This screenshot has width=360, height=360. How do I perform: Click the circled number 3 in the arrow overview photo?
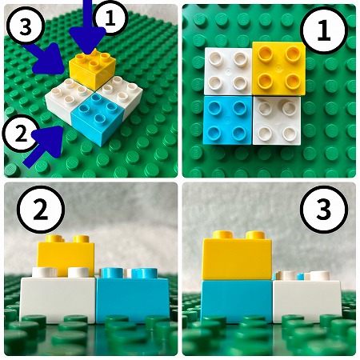point(26,26)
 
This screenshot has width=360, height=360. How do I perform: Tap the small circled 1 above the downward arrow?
point(110,18)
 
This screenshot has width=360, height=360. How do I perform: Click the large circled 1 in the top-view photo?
point(324,30)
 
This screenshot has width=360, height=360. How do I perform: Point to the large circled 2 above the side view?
point(41,210)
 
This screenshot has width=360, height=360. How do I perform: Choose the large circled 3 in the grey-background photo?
point(324,210)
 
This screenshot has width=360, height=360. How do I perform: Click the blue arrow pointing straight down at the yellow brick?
point(88,30)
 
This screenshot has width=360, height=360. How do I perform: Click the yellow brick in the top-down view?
point(278,69)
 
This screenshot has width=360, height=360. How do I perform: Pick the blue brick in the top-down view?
point(227,120)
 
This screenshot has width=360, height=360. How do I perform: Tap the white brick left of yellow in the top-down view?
point(228,71)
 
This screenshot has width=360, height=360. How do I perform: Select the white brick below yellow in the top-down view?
point(277,121)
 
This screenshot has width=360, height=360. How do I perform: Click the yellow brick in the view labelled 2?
point(66,256)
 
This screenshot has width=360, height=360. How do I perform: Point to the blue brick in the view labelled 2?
point(133,296)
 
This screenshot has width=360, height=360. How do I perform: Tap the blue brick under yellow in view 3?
point(237,302)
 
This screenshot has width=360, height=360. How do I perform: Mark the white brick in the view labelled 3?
point(307,298)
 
